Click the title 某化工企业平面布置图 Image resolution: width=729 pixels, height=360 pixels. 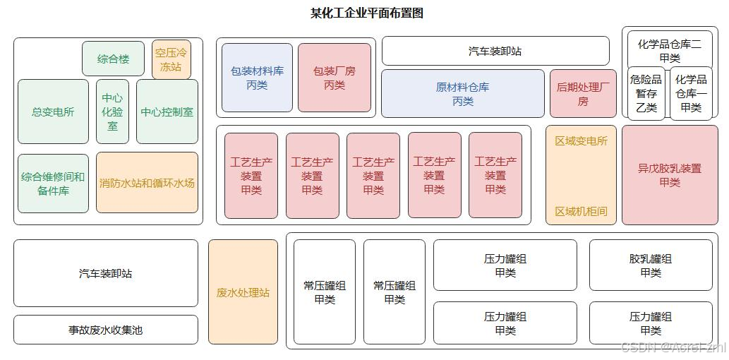pos(366,13)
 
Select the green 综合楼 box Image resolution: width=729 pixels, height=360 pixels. pos(113,59)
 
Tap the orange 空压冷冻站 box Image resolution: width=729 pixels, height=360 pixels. pos(171,59)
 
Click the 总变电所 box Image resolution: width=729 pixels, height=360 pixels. pos(53,112)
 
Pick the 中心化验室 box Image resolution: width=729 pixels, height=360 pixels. pos(113,112)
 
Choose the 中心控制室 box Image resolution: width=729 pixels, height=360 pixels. pos(167,112)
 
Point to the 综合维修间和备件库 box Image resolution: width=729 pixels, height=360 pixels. pos(53,184)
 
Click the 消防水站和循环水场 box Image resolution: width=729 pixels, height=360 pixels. pos(147,183)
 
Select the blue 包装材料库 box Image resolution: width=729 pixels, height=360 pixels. pos(257,78)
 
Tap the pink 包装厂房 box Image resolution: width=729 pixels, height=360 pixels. pos(335,78)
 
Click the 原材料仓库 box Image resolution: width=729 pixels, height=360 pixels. pos(463,93)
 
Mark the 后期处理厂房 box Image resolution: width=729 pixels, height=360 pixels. pos(583,93)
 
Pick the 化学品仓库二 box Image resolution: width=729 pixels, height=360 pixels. pos(670,50)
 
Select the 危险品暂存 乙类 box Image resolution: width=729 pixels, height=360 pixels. pos(646,93)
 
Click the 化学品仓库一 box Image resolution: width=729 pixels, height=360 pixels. pos(691,93)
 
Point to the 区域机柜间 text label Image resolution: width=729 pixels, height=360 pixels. pos(581,211)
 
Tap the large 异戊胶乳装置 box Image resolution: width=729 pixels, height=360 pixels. pos(670,175)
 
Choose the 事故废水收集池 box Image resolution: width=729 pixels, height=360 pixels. pos(106,330)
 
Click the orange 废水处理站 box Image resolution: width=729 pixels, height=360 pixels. pos(243,292)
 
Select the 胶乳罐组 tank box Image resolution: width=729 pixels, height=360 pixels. pos(651,265)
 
